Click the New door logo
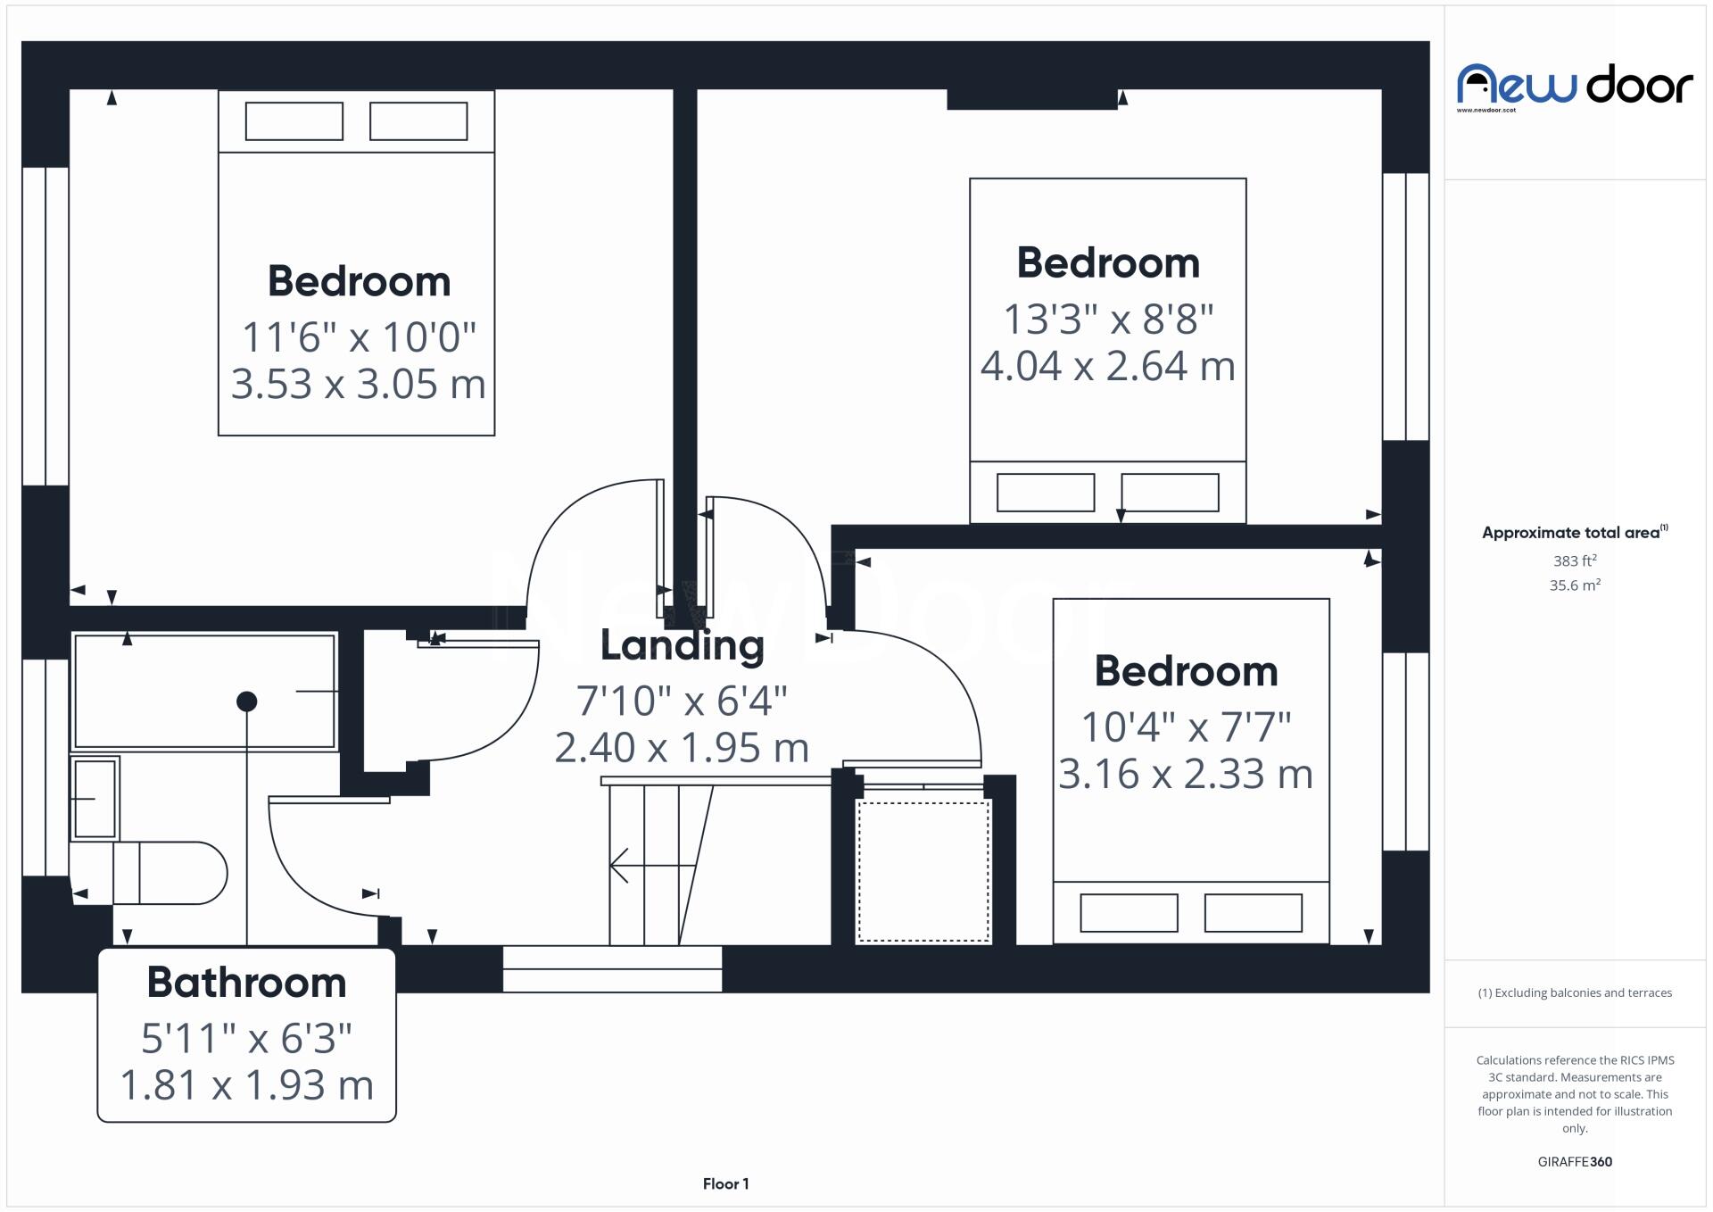1574,86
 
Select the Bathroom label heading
246,983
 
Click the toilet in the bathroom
170,873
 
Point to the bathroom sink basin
95,798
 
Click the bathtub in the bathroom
204,692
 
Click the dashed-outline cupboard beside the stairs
923,871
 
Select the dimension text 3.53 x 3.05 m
358,385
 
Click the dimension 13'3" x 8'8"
1108,320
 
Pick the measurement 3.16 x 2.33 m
1185,775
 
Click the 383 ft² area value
1574,561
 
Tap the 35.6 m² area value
1574,585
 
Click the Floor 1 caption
725,1184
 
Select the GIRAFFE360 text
1574,1162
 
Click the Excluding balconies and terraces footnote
1574,993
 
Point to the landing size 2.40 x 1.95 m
682,748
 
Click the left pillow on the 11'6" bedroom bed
294,121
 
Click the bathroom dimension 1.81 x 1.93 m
246,1086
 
